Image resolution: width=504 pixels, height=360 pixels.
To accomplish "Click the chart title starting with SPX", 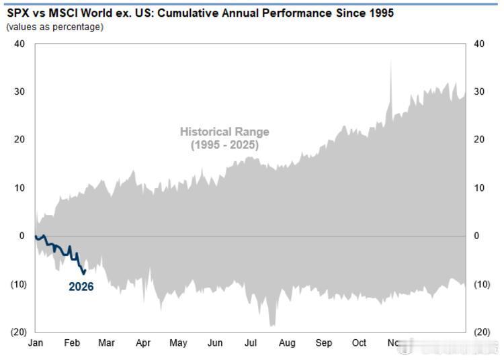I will (200, 13).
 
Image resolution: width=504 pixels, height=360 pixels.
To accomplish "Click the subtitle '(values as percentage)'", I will (54, 26).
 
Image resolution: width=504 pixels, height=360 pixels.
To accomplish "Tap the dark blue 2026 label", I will (81, 287).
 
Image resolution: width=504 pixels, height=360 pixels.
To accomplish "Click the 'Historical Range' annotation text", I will (224, 132).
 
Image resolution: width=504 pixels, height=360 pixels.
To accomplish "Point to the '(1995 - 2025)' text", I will (224, 144).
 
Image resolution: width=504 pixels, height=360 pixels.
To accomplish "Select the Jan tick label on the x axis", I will (36, 343).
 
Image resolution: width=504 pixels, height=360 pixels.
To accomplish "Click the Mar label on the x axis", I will (106, 343).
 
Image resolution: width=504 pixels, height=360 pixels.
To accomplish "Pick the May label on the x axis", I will (178, 343).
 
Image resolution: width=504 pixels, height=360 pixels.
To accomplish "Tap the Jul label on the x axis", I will (251, 343).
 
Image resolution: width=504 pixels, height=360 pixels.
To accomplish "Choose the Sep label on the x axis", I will (323, 343).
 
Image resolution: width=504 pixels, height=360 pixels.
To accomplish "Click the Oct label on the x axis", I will (360, 343).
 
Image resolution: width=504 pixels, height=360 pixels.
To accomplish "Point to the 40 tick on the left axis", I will (19, 44).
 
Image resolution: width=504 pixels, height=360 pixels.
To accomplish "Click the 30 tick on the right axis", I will (479, 91).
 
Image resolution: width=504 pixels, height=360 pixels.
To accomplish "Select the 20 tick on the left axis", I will (19, 140).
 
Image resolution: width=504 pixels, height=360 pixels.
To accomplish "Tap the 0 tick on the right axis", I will (476, 236).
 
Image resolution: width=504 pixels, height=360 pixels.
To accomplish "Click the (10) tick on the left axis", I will (17, 284).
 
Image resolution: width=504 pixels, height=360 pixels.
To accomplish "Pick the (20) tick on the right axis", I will (482, 332).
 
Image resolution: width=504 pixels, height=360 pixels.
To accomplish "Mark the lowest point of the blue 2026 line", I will (83, 273).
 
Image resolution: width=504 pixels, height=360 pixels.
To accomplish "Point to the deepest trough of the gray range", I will (271, 326).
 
